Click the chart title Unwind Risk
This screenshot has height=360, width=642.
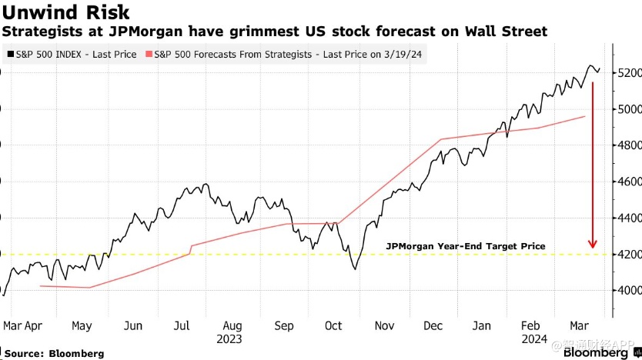65,12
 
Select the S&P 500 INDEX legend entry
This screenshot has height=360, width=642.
75,55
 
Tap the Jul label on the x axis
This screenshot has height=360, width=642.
182,325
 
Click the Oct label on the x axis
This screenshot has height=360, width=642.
333,325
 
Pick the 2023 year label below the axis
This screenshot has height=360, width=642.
229,338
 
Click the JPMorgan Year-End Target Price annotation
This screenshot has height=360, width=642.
466,246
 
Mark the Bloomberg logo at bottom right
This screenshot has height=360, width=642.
595,352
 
